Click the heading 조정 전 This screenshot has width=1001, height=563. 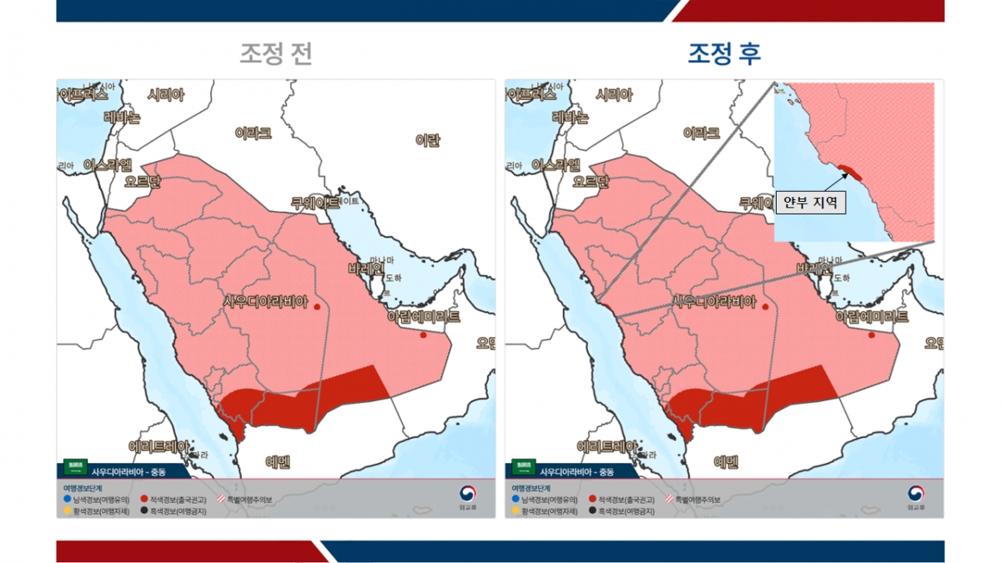point(276,54)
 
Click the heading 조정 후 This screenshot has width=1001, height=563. point(724,54)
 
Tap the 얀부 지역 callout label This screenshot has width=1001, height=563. point(810,202)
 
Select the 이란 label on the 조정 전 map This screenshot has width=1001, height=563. point(427,140)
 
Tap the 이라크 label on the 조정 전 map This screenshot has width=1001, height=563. point(253,133)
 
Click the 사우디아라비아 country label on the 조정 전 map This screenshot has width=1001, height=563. point(265,301)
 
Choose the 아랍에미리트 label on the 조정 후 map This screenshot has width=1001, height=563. point(872,317)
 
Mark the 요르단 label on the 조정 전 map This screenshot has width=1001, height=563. point(141,181)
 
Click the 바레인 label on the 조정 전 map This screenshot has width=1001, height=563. point(365,269)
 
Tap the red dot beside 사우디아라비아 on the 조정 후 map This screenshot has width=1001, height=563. point(766,307)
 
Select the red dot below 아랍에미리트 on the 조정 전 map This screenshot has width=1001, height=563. point(423,335)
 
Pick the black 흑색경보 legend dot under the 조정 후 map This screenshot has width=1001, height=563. point(592,510)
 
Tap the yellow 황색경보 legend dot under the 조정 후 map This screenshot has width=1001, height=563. point(515,510)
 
